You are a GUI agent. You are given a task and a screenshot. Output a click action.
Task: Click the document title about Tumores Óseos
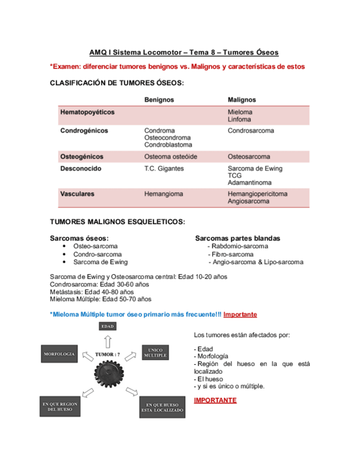tap(184, 53)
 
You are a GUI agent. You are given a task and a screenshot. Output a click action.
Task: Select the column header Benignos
tap(159, 99)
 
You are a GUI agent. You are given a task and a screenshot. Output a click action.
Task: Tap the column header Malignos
tap(241, 99)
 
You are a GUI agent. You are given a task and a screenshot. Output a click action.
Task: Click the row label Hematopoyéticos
tap(87, 112)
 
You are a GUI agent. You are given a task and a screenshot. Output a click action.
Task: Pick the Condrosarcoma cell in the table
tap(251, 131)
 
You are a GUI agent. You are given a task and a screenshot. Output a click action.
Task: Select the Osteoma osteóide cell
tap(170, 157)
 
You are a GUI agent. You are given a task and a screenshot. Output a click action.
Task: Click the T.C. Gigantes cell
tap(164, 169)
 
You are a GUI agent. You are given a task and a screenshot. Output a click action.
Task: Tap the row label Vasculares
tap(77, 194)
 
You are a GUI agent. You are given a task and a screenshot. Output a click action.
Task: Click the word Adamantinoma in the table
tap(250, 182)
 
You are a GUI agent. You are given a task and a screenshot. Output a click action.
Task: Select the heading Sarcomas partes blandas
tap(237, 238)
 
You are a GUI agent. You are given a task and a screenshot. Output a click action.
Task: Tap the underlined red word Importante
tap(240, 314)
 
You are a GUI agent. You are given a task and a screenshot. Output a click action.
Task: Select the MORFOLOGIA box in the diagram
tap(59, 354)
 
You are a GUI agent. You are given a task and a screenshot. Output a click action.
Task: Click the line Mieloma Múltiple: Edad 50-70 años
tap(100, 299)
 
